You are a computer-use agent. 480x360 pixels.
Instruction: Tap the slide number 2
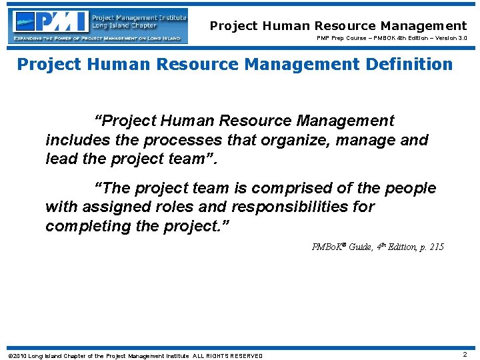click(x=465, y=355)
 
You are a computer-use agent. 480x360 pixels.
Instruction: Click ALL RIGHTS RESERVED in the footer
click(x=227, y=355)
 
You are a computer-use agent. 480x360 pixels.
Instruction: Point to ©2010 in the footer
click(x=18, y=355)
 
